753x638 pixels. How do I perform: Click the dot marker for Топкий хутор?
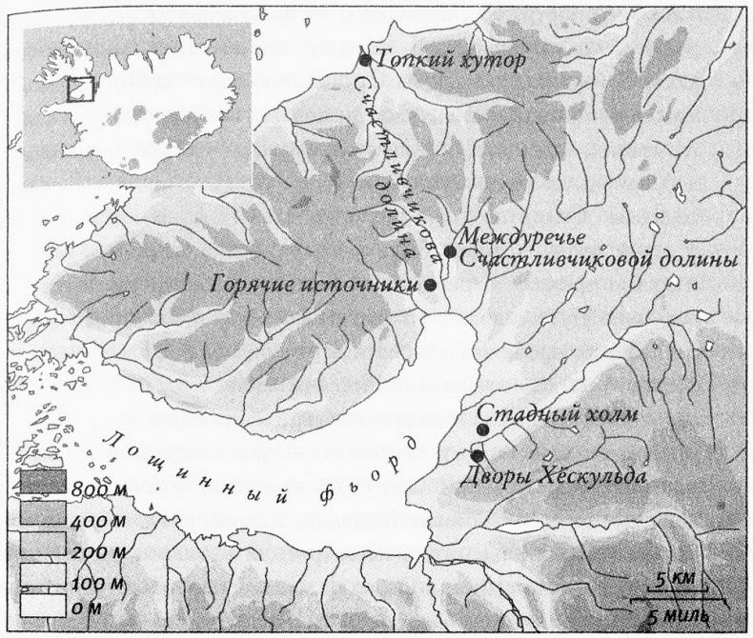(364, 60)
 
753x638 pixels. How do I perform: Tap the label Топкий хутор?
(451, 60)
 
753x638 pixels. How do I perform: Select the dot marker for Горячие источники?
(431, 284)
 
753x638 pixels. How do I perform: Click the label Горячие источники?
(316, 285)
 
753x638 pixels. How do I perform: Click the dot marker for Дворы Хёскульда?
(477, 455)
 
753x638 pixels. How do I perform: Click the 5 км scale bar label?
(673, 578)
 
